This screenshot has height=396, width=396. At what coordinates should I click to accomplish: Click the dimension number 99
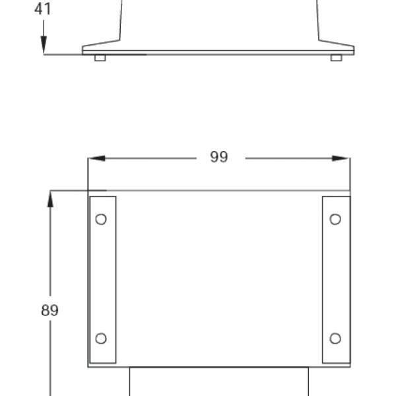219,157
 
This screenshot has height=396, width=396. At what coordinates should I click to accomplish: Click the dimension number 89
49,310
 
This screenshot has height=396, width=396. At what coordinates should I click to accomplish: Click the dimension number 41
43,9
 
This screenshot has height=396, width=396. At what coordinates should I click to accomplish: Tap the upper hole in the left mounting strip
101,219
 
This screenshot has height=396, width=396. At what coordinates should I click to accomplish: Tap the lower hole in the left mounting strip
101,339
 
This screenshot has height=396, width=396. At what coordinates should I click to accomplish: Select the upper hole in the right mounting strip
335,219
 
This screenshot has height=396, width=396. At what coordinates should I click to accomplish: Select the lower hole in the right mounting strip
335,339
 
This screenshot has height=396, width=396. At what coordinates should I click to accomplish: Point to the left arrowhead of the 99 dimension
96,158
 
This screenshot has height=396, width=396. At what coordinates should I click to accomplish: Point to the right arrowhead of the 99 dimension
341,158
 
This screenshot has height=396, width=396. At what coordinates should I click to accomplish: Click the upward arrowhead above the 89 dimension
50,199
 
